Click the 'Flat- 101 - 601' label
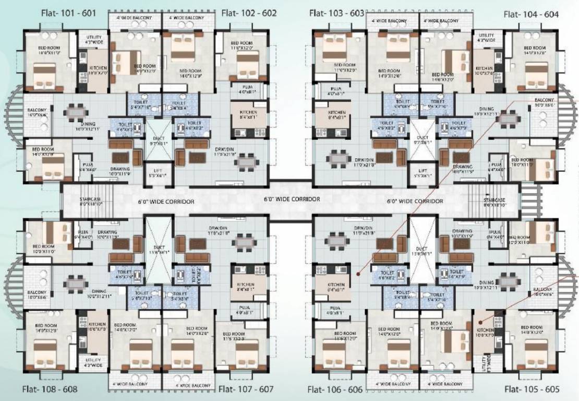tap(68, 13)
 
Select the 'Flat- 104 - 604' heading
tap(531, 14)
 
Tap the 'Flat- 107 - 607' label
tap(246, 389)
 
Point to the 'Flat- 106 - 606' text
tap(335, 390)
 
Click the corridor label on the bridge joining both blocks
tap(292, 199)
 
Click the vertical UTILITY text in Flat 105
tap(489, 360)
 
